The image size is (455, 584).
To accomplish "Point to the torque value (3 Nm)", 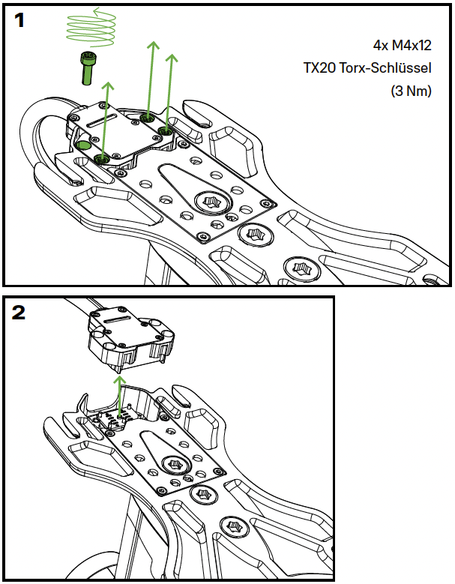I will (412, 91).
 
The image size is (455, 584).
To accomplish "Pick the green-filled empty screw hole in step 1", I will (85, 145).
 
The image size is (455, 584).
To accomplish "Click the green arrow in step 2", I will (118, 391).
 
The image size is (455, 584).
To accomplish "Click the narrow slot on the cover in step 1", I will (105, 121).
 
